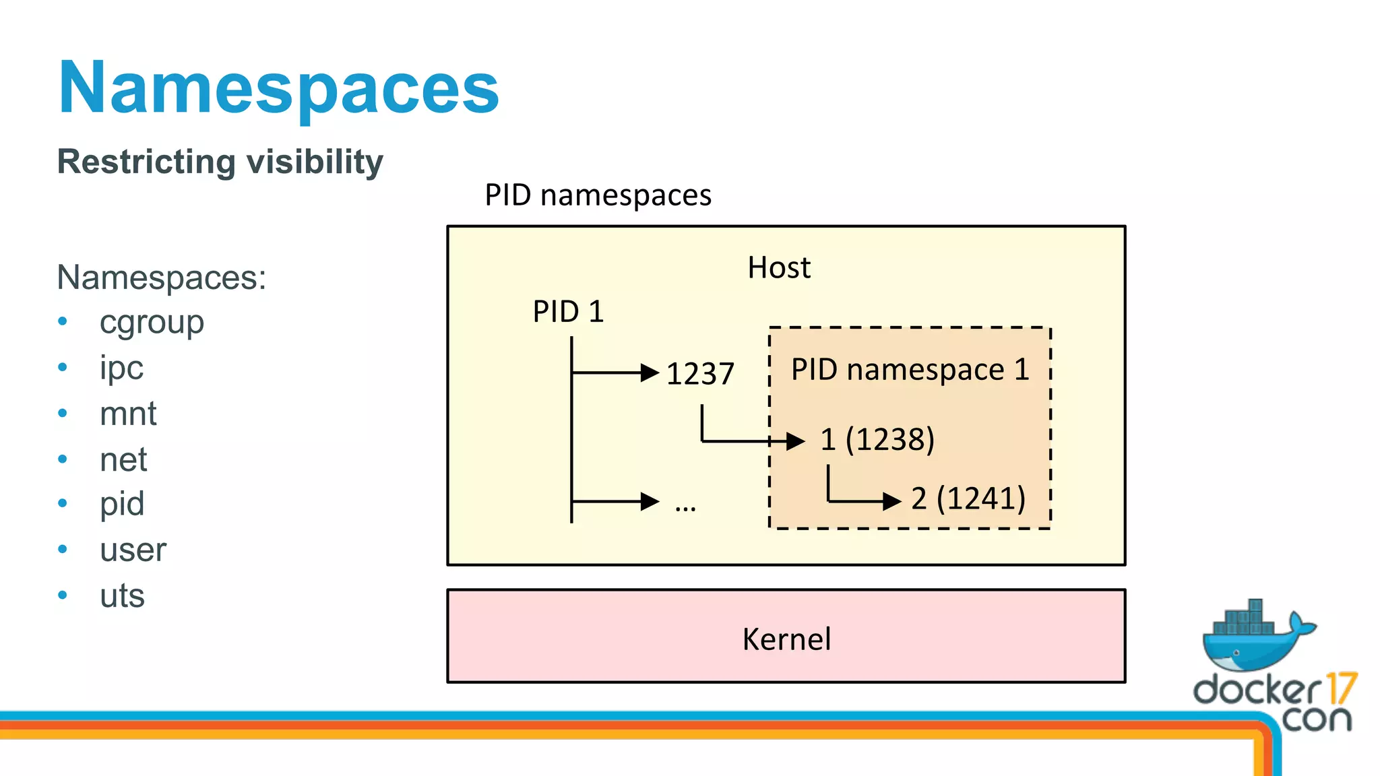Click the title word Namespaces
pyautogui.click(x=278, y=88)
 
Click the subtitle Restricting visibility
pyautogui.click(x=220, y=162)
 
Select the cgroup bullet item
pyautogui.click(x=152, y=322)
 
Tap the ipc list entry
pyautogui.click(x=121, y=368)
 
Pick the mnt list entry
pyautogui.click(x=128, y=414)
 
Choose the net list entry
pyautogui.click(x=123, y=459)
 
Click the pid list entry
pyautogui.click(x=122, y=504)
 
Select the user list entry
pyautogui.click(x=133, y=550)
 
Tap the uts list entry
pyautogui.click(x=122, y=595)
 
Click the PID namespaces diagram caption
pyautogui.click(x=598, y=195)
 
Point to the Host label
pyautogui.click(x=779, y=267)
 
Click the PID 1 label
pyautogui.click(x=568, y=311)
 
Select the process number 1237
pyautogui.click(x=699, y=374)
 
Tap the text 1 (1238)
pyautogui.click(x=877, y=440)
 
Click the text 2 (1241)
pyautogui.click(x=968, y=499)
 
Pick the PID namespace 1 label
pyautogui.click(x=910, y=369)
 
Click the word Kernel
pyautogui.click(x=786, y=639)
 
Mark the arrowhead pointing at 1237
pyautogui.click(x=650, y=373)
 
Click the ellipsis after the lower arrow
pyautogui.click(x=685, y=508)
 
